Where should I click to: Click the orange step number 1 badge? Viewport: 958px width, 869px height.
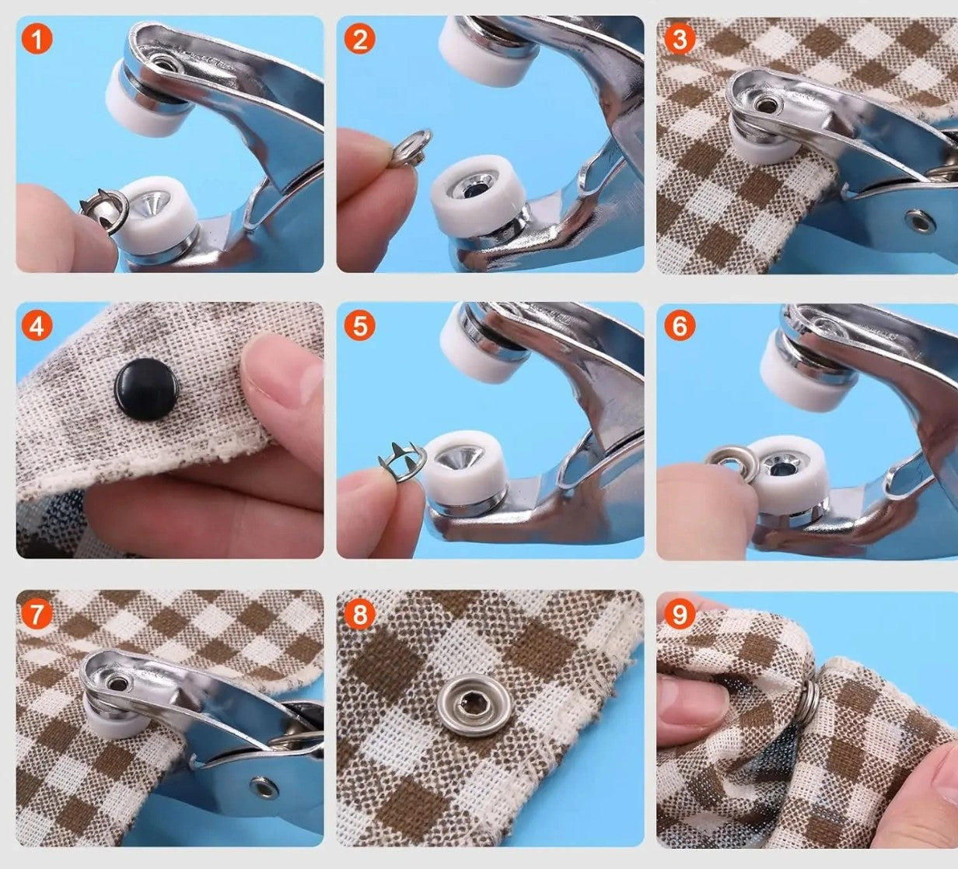(x=37, y=38)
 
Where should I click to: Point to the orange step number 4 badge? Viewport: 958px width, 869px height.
(x=37, y=326)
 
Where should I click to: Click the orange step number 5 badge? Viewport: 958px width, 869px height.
(x=358, y=326)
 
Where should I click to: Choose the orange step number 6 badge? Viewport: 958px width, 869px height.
(x=679, y=326)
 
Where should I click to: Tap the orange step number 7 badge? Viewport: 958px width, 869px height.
(x=37, y=615)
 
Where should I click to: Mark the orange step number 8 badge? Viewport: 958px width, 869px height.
(x=358, y=615)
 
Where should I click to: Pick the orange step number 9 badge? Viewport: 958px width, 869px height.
(x=679, y=615)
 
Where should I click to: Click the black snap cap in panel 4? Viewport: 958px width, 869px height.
(x=147, y=387)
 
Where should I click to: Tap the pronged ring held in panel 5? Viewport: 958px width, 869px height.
(x=403, y=462)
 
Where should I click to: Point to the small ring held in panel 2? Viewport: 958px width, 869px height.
(x=412, y=147)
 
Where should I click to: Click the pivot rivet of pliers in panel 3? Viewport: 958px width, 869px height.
(x=920, y=221)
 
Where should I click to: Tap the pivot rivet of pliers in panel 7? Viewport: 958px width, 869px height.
(x=265, y=788)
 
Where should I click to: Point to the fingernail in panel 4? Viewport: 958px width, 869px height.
(x=306, y=381)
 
